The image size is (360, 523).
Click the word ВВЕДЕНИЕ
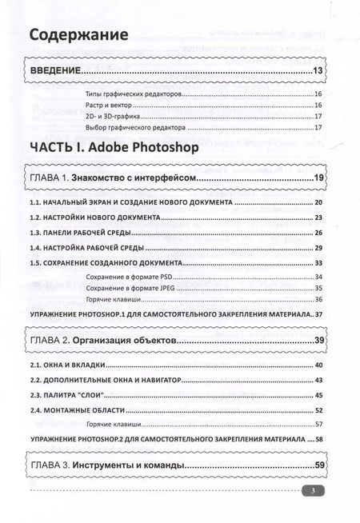55,73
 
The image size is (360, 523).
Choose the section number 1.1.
38,203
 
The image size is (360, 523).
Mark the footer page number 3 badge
315,491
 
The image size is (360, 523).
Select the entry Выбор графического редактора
134,127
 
